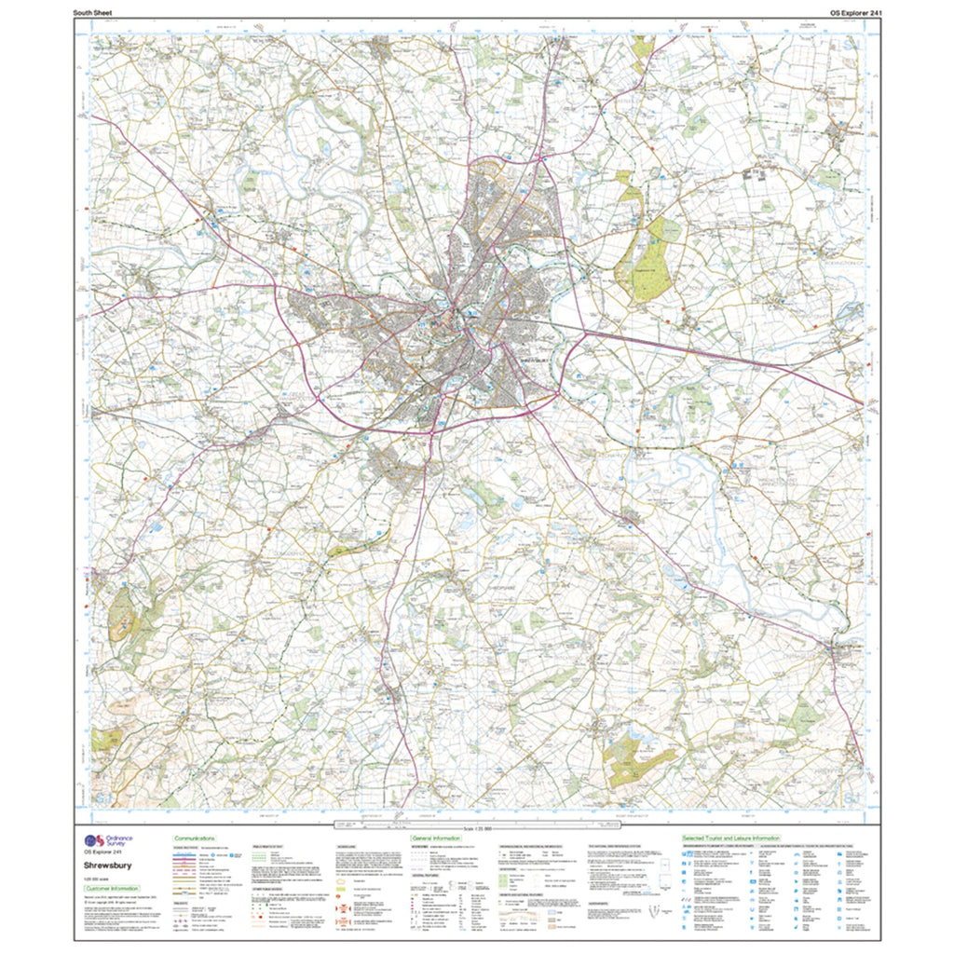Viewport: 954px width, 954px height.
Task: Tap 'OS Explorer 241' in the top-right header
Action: tap(842, 12)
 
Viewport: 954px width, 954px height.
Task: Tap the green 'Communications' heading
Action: tap(196, 838)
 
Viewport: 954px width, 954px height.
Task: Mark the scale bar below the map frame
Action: tap(476, 825)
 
